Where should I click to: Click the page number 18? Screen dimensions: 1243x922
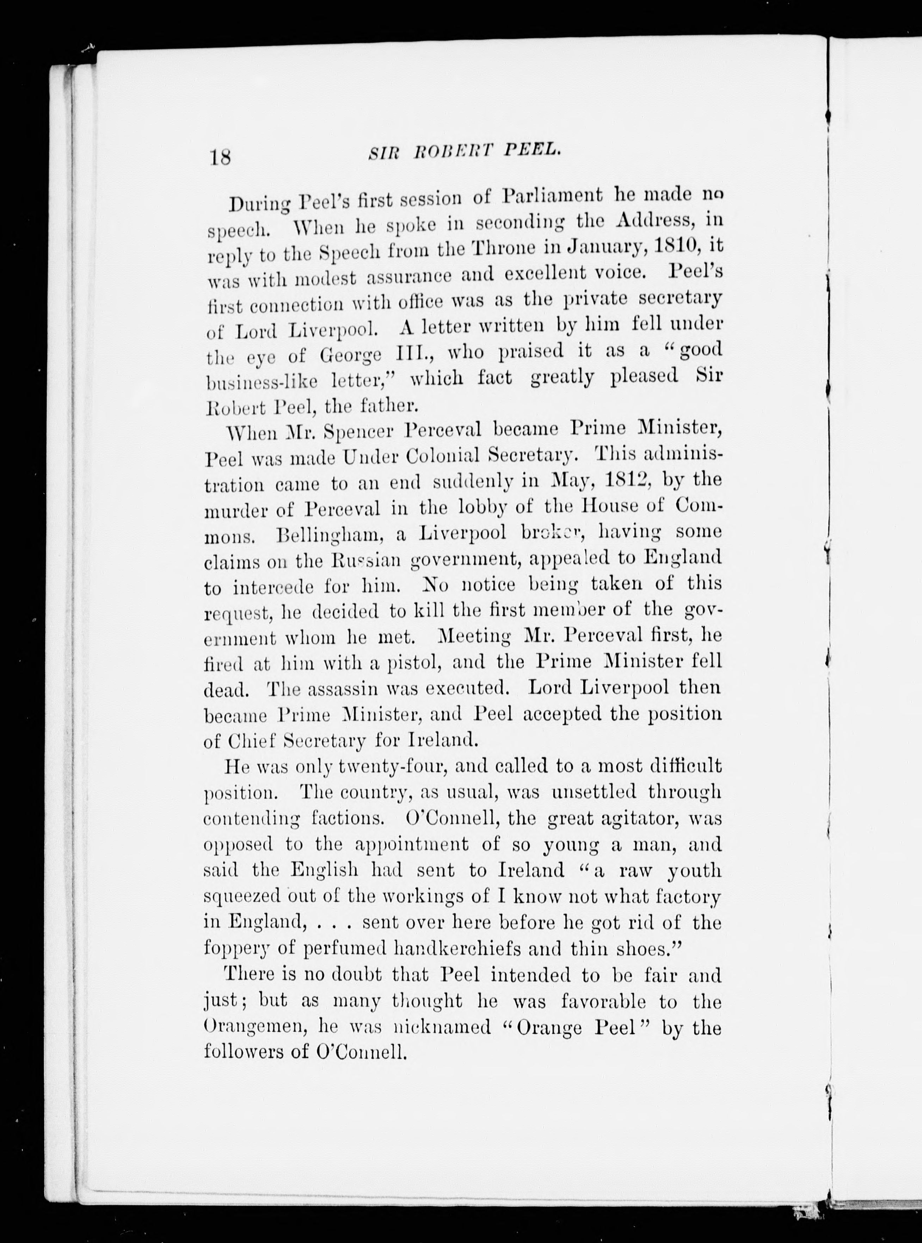(220, 157)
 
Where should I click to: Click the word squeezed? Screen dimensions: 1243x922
(246, 897)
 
